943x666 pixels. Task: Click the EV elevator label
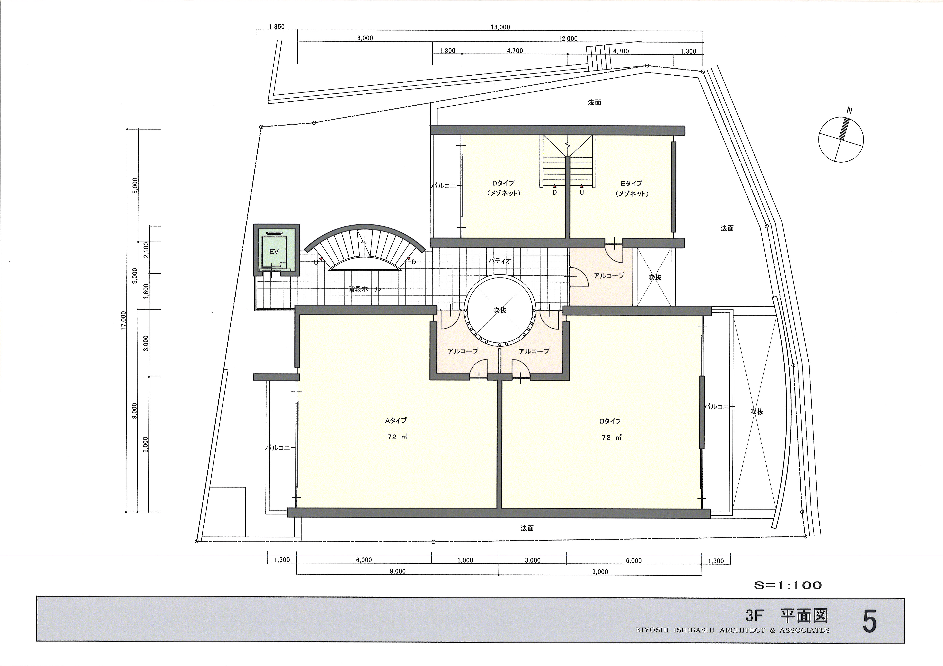click(x=274, y=252)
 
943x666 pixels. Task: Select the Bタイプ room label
click(x=610, y=421)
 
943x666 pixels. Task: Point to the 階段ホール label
click(x=365, y=289)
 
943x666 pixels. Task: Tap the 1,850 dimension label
click(x=276, y=27)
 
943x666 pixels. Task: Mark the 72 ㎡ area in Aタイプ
click(x=397, y=437)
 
